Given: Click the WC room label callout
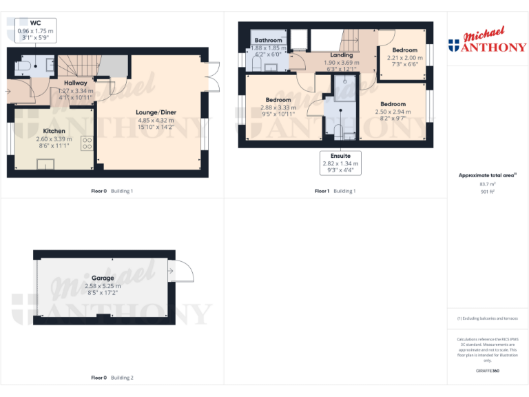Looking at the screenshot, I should click(x=35, y=31).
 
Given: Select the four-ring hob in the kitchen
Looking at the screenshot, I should click(x=87, y=143).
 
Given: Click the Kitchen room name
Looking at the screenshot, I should click(x=54, y=131).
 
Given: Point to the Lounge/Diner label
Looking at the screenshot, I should click(x=156, y=112).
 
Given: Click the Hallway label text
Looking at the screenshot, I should click(x=76, y=83).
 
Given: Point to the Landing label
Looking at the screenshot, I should click(x=342, y=55).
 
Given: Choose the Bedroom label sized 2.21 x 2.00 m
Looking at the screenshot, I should click(x=405, y=50).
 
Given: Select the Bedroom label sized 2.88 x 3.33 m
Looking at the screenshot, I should click(x=278, y=99).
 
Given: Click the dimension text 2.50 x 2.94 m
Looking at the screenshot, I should click(x=393, y=112).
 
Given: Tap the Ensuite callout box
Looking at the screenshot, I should click(x=341, y=163).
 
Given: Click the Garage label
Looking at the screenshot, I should click(x=103, y=278).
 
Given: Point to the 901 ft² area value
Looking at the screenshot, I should click(x=487, y=192).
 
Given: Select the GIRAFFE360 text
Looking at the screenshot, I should click(x=487, y=371).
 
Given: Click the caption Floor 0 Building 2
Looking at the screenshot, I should click(x=112, y=378).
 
